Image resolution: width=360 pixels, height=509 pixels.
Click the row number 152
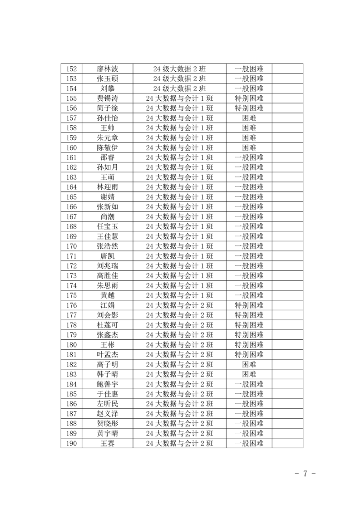click(x=71, y=69)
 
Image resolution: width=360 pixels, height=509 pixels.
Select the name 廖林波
click(x=108, y=69)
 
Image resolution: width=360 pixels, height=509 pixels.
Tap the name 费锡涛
click(x=108, y=98)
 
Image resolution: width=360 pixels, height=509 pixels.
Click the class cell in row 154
click(x=179, y=88)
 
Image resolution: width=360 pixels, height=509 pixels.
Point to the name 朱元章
click(x=108, y=137)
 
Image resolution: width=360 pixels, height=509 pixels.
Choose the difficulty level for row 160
click(x=249, y=147)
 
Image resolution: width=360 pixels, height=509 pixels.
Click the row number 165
click(x=71, y=197)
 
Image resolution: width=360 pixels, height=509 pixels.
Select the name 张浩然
click(x=108, y=246)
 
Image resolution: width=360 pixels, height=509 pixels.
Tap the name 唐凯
click(x=108, y=256)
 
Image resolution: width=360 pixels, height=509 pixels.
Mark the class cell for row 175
click(x=179, y=295)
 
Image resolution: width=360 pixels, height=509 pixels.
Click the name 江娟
click(x=108, y=305)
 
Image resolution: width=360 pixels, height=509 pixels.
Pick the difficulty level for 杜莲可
click(x=249, y=325)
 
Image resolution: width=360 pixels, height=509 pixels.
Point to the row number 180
click(x=71, y=345)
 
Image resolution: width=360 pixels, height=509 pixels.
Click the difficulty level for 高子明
click(x=249, y=364)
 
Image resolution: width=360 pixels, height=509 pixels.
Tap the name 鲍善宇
click(x=108, y=384)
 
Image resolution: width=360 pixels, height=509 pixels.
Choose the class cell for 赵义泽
click(x=179, y=414)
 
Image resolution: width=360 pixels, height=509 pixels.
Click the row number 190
click(x=71, y=443)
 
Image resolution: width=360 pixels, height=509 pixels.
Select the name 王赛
click(x=108, y=443)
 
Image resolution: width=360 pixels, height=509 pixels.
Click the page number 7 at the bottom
click(x=305, y=474)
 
